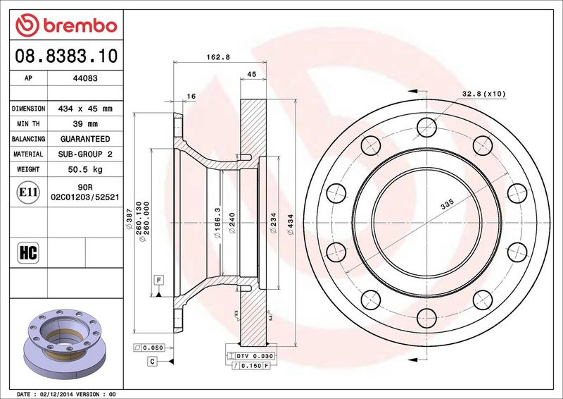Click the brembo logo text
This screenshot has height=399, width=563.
click(80, 26)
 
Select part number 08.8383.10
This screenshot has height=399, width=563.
click(66, 56)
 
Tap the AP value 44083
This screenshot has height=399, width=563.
click(85, 78)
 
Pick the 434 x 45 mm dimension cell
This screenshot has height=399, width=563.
click(85, 109)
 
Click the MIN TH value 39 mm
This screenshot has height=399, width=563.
click(85, 124)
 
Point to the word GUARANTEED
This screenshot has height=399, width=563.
click(85, 139)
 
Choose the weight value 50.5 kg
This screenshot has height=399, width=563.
click(85, 169)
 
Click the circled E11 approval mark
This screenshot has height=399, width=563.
click(28, 192)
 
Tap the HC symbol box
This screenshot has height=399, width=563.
click(28, 252)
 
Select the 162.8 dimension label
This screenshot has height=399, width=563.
click(218, 57)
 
